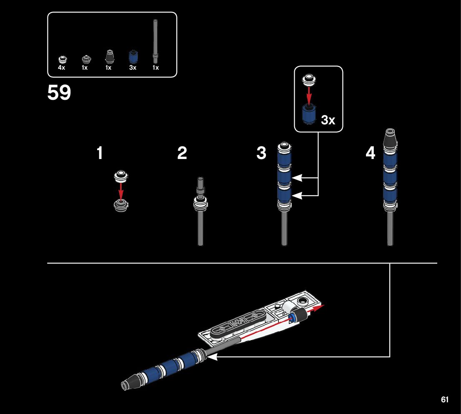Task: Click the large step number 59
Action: [59, 93]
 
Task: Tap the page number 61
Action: [445, 399]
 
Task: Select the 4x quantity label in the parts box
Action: [62, 68]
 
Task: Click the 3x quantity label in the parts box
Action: [133, 68]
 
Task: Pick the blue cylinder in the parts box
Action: [133, 57]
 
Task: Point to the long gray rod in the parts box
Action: [155, 40]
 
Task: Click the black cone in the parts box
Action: [109, 57]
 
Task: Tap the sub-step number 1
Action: [100, 154]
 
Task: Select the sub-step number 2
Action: [182, 154]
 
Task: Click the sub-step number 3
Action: [261, 154]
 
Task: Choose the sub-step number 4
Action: [370, 154]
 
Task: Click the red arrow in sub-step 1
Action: [121, 191]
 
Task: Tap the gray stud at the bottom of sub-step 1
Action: [121, 204]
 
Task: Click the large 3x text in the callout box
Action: [328, 121]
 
